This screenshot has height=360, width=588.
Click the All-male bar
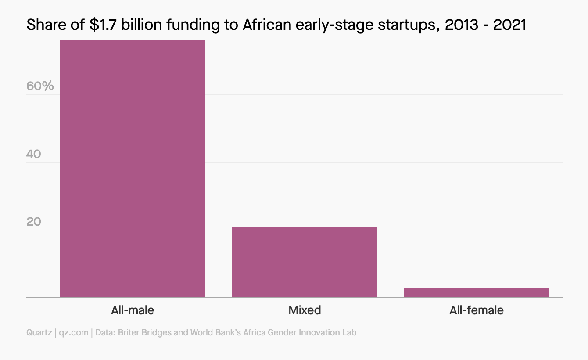coord(132,169)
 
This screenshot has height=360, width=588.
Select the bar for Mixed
coord(304,262)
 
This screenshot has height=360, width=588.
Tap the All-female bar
coord(476,292)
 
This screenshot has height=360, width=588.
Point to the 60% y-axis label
coord(40,86)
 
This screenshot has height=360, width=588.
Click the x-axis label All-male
coord(133,310)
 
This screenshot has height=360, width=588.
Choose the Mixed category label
coord(305,310)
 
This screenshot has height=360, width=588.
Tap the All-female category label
coord(476,310)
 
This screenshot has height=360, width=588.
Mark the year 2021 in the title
coord(509,25)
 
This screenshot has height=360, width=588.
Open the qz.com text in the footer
coord(74,332)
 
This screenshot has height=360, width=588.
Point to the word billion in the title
coord(140,25)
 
